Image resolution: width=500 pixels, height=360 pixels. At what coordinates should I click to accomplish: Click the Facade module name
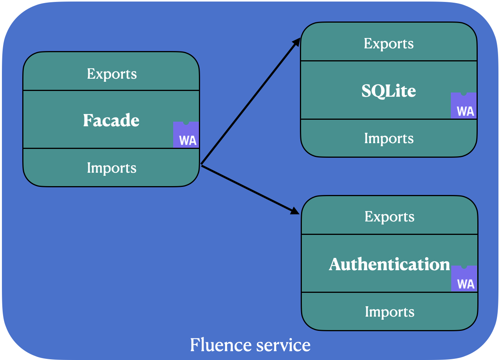point(111,121)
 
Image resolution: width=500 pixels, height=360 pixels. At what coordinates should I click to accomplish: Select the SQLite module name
point(389,91)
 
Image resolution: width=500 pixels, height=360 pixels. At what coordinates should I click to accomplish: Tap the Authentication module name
point(389,264)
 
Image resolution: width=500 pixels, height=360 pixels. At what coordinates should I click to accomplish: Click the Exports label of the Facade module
point(112,74)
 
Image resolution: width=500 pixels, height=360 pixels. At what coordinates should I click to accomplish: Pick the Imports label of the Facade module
point(111,168)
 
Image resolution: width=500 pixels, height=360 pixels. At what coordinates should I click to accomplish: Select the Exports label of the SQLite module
point(389,43)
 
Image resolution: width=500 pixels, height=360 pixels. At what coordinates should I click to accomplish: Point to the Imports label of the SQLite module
point(389,138)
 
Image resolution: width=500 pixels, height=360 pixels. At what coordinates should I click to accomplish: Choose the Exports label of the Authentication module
point(389,217)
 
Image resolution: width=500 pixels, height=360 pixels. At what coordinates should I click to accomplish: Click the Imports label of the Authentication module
point(389,312)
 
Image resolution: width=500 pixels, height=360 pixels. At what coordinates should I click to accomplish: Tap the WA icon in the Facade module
point(186,135)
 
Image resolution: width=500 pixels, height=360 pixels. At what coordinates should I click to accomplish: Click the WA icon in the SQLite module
point(464,106)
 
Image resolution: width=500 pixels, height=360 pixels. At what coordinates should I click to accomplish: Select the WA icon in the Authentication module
point(464,279)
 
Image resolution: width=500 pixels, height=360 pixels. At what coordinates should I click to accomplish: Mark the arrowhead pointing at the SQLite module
point(296,42)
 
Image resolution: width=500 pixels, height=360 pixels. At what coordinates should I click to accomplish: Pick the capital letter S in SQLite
point(366,91)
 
